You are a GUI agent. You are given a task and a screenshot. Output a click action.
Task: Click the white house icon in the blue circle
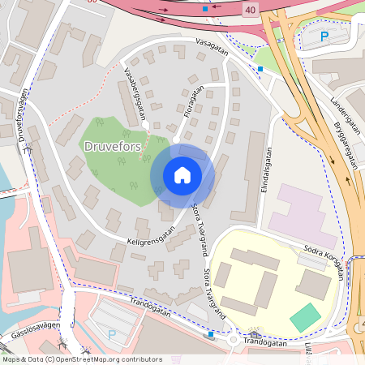182,175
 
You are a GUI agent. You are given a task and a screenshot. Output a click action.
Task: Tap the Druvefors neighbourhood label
113,145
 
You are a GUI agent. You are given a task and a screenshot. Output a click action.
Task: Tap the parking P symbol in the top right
324,36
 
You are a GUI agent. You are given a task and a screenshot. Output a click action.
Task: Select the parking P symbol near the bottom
112,334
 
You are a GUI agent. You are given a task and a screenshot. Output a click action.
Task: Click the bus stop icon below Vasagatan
260,69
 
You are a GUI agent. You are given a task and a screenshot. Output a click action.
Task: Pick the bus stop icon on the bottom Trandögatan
211,333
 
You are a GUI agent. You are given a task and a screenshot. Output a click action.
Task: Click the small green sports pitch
306,317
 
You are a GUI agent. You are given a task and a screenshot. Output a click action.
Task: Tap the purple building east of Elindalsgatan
303,216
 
